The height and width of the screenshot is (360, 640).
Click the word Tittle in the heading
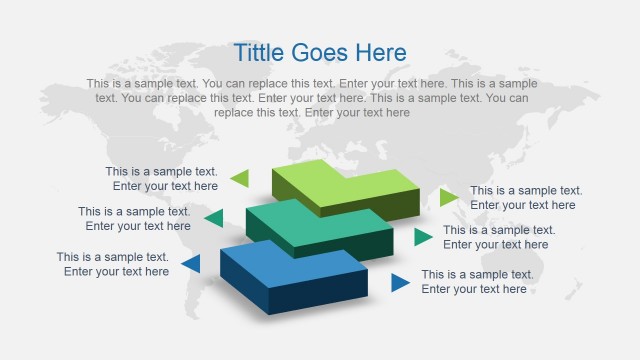click(258, 53)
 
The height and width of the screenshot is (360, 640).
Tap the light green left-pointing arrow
click(239, 178)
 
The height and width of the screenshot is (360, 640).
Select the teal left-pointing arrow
click(213, 217)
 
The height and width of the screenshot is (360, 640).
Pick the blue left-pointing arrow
click(190, 264)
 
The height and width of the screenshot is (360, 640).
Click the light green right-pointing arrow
click(449, 197)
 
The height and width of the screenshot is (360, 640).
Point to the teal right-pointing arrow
click(423, 237)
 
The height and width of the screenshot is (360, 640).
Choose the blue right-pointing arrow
click(400, 282)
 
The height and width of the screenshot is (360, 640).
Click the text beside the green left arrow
click(161, 179)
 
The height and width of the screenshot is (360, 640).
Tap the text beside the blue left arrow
click(112, 264)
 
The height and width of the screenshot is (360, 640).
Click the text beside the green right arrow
click(526, 198)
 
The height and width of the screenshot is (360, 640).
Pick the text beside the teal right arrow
click(499, 237)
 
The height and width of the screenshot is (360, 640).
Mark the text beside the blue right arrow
click(477, 282)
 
